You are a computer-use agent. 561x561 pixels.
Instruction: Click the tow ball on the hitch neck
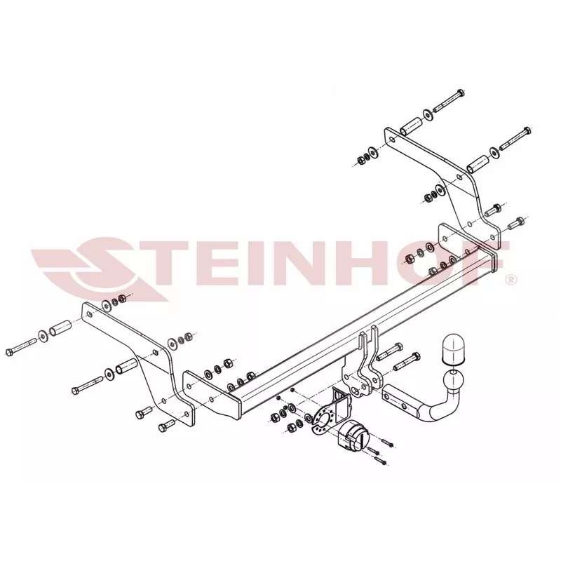click(453, 381)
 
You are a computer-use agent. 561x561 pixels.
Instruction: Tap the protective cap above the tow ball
click(452, 349)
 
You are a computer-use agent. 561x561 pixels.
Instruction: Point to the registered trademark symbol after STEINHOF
click(512, 279)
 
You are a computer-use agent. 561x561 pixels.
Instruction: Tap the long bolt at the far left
click(21, 346)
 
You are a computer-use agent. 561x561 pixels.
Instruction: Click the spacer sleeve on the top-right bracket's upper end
click(411, 126)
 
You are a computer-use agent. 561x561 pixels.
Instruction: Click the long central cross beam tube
click(361, 326)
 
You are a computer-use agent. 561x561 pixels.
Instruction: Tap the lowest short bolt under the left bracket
click(166, 426)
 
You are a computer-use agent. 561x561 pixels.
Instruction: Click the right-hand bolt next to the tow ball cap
click(407, 361)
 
